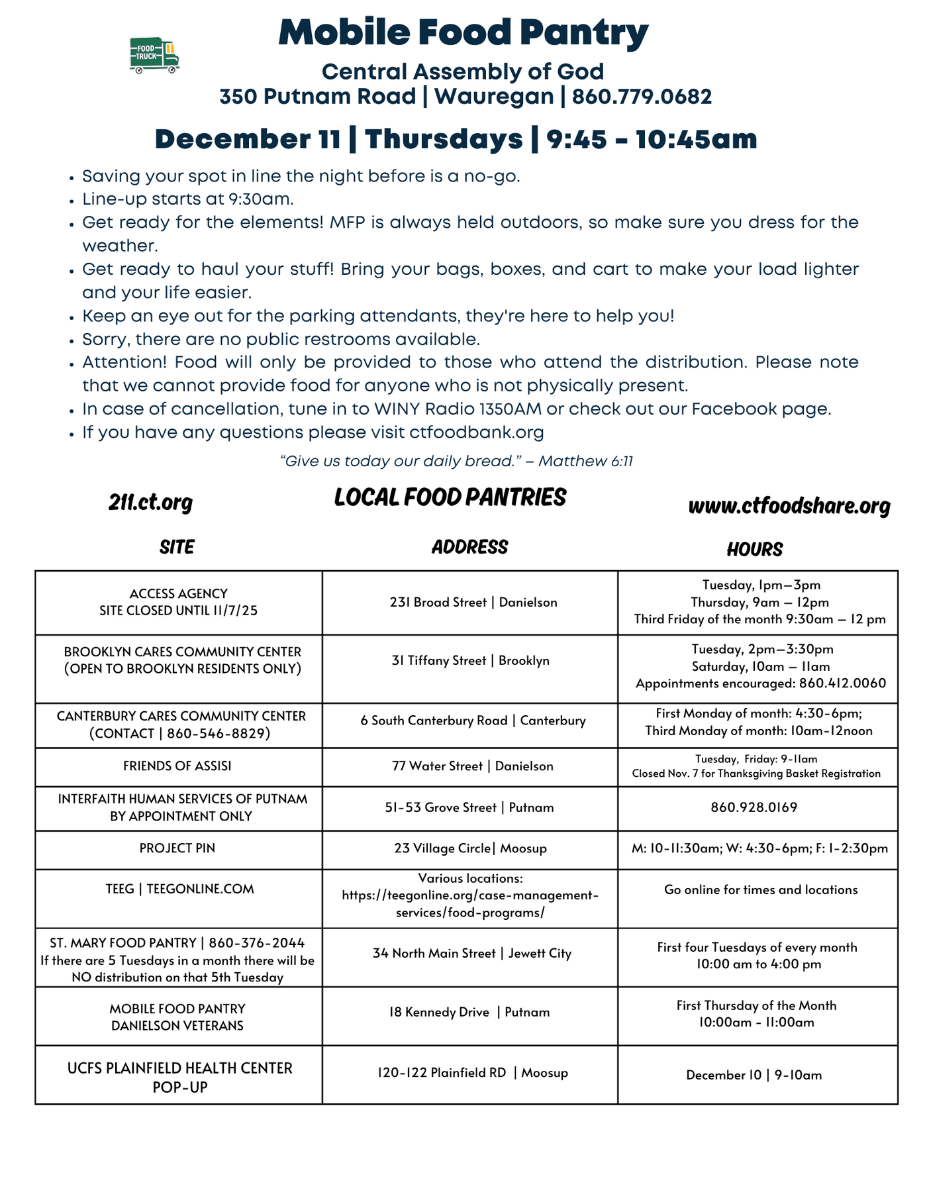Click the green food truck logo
click(x=154, y=55)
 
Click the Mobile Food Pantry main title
click(x=463, y=32)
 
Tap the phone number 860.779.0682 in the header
click(x=642, y=97)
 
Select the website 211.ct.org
click(x=150, y=503)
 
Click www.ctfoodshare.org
click(x=789, y=507)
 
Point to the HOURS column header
click(x=754, y=549)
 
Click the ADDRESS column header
click(x=469, y=547)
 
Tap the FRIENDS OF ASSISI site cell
click(x=177, y=766)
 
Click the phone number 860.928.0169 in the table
click(x=754, y=807)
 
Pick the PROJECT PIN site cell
click(x=177, y=848)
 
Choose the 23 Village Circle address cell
click(x=470, y=848)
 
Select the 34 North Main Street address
click(x=471, y=954)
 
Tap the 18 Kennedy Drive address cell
click(x=469, y=1012)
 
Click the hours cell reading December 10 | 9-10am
click(x=754, y=1075)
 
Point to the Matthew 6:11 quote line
click(x=457, y=461)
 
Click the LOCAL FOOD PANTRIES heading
click(x=450, y=497)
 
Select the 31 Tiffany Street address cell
click(x=470, y=661)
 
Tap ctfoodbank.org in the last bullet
click(x=477, y=433)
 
